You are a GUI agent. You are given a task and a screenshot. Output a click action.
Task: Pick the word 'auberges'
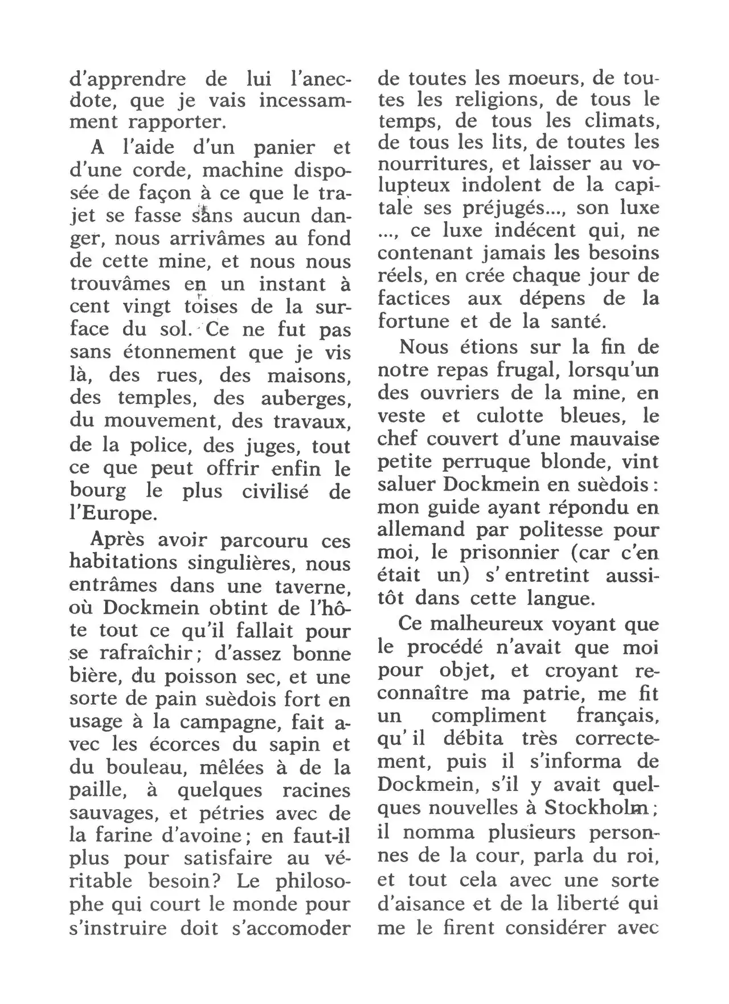coord(305,398)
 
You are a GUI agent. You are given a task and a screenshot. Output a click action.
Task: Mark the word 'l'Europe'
coord(113,513)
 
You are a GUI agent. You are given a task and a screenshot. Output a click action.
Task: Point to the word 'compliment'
coord(488,716)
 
